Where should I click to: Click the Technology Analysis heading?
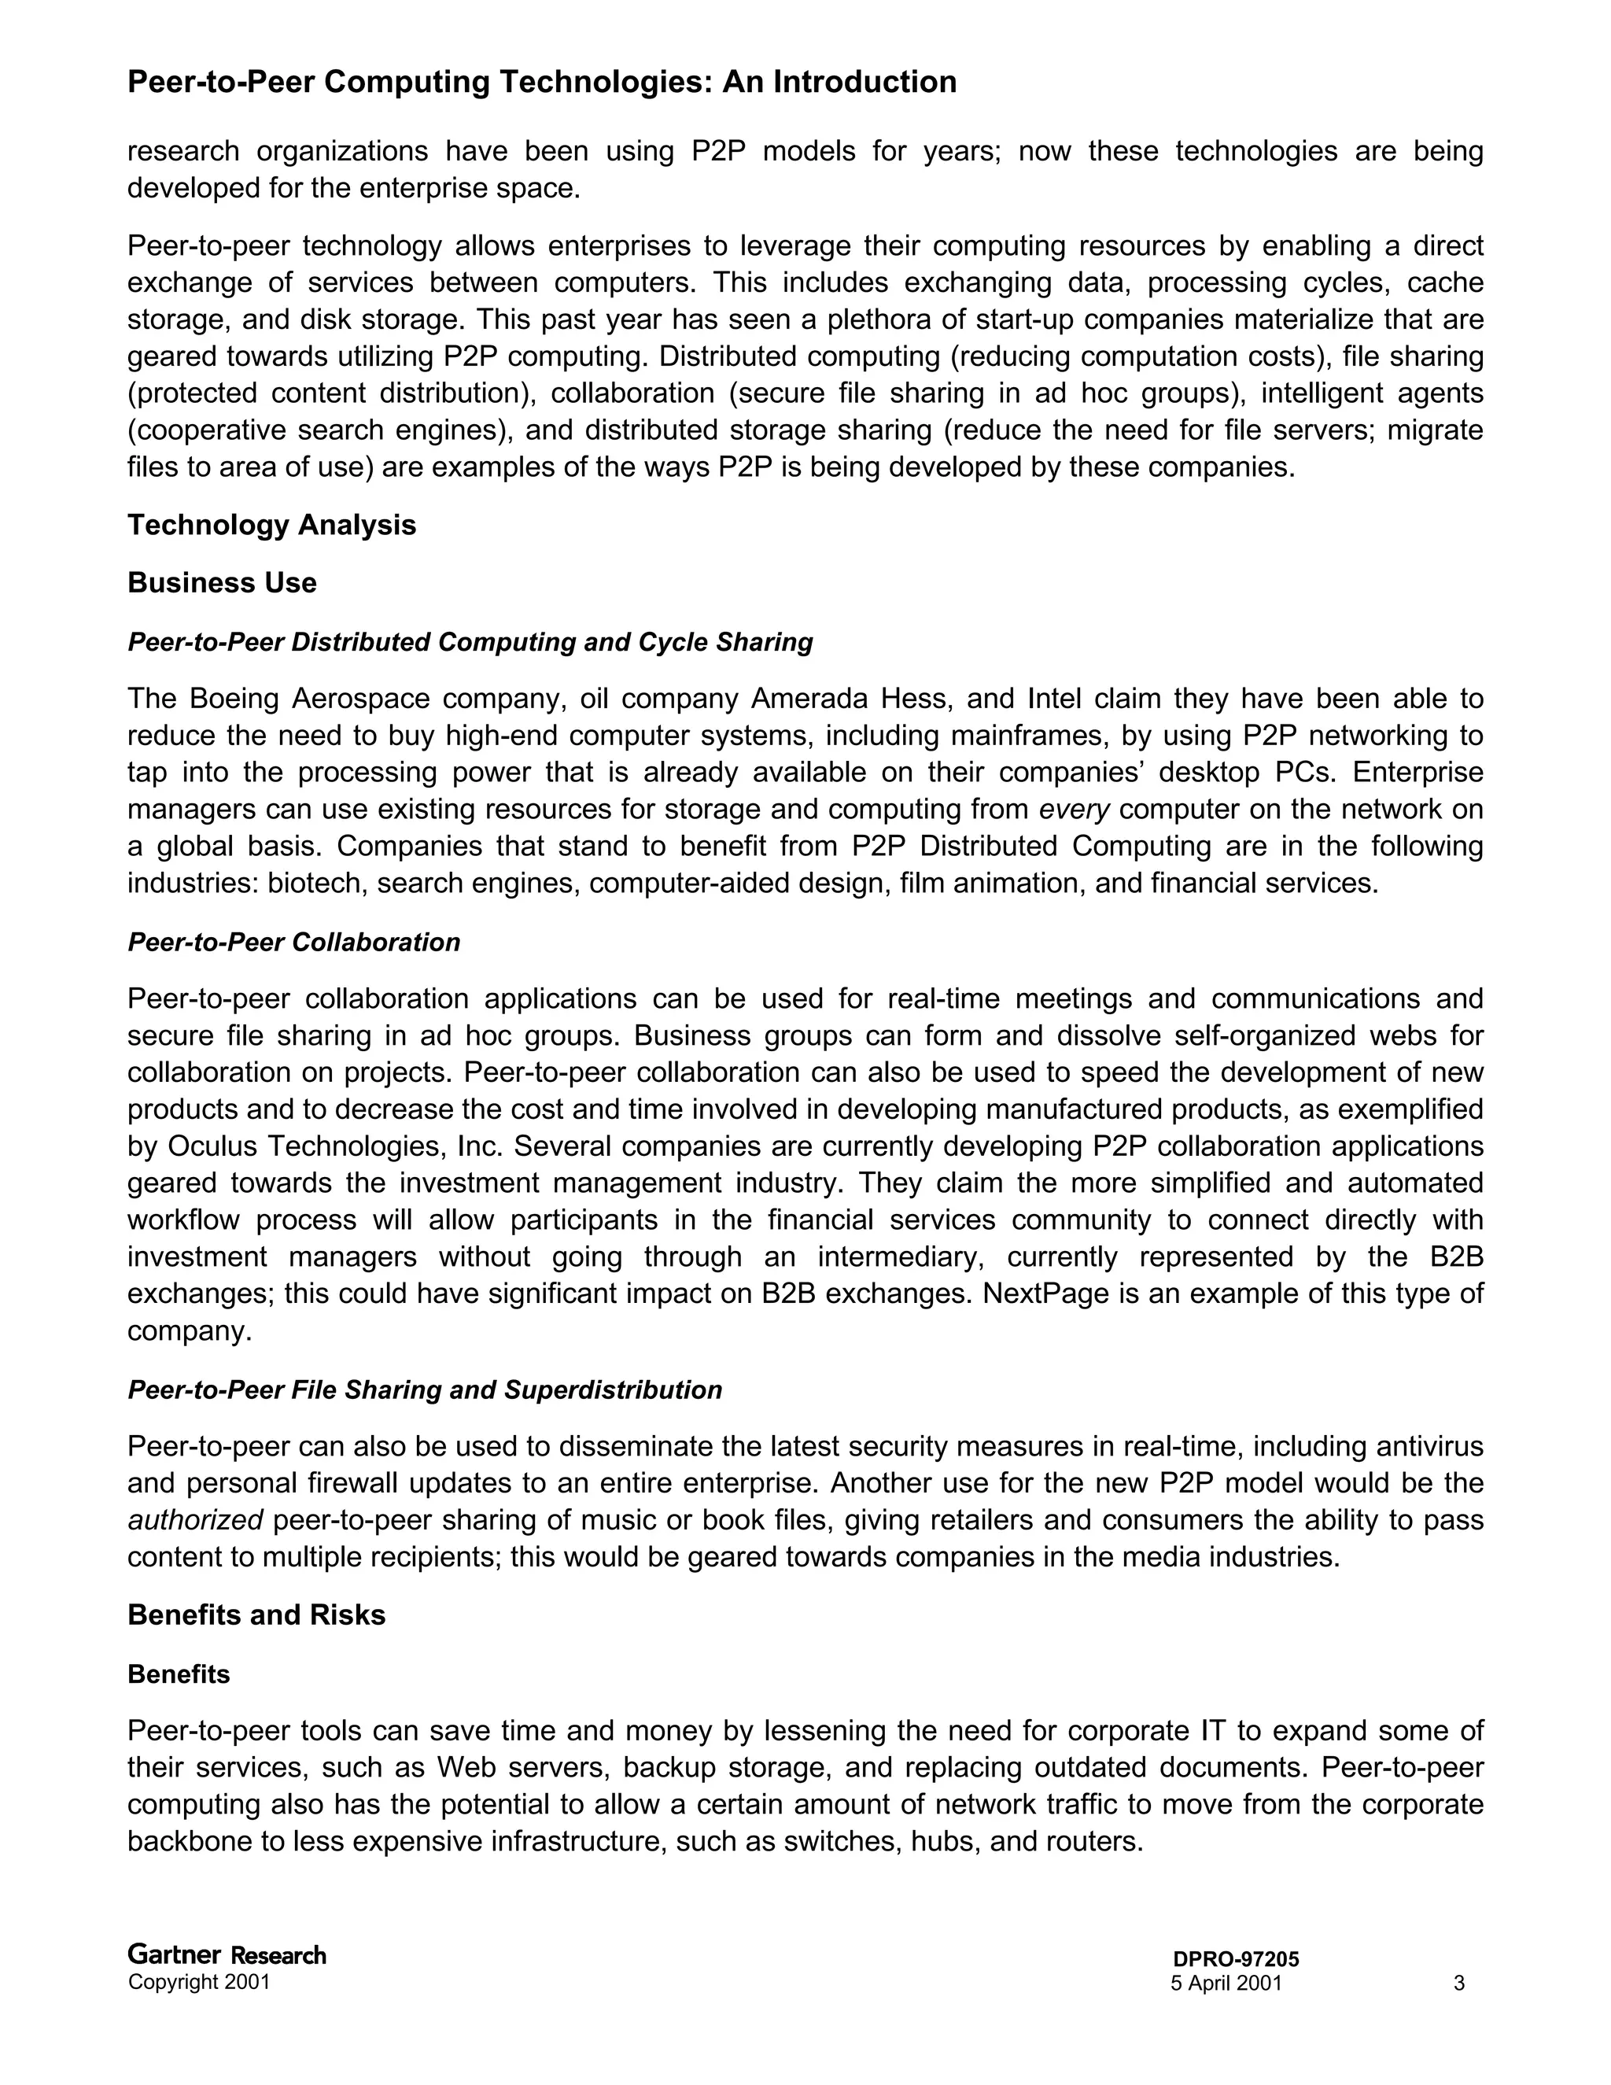[271, 525]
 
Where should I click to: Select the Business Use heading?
[221, 582]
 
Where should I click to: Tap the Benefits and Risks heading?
[256, 1614]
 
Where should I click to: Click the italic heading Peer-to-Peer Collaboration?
[294, 943]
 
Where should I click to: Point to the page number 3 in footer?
[1458, 1984]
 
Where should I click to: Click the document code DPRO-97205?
[1236, 1959]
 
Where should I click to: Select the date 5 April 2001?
[1226, 1984]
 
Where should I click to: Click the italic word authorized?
[195, 1520]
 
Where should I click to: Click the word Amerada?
[809, 699]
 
